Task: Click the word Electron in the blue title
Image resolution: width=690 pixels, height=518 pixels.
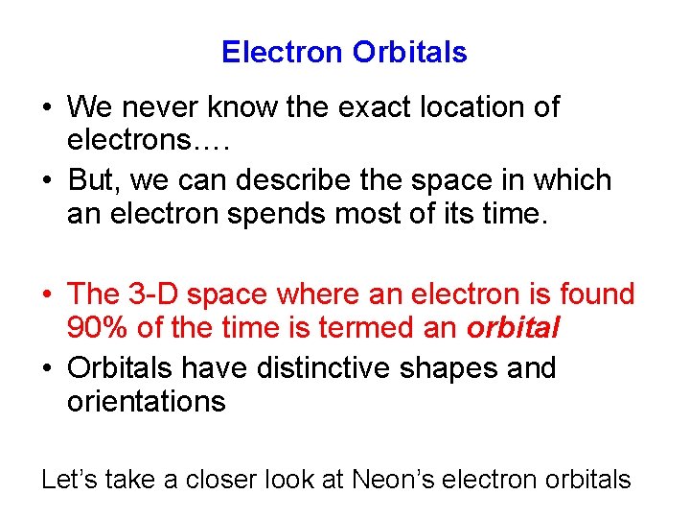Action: pos(283,52)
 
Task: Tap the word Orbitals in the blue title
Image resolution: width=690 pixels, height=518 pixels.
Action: pos(409,52)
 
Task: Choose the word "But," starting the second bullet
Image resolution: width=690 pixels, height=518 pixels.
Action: pos(94,180)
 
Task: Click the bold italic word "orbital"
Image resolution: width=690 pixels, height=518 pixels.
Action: pos(513,327)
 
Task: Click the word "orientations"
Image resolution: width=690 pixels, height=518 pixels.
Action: pos(146,401)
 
